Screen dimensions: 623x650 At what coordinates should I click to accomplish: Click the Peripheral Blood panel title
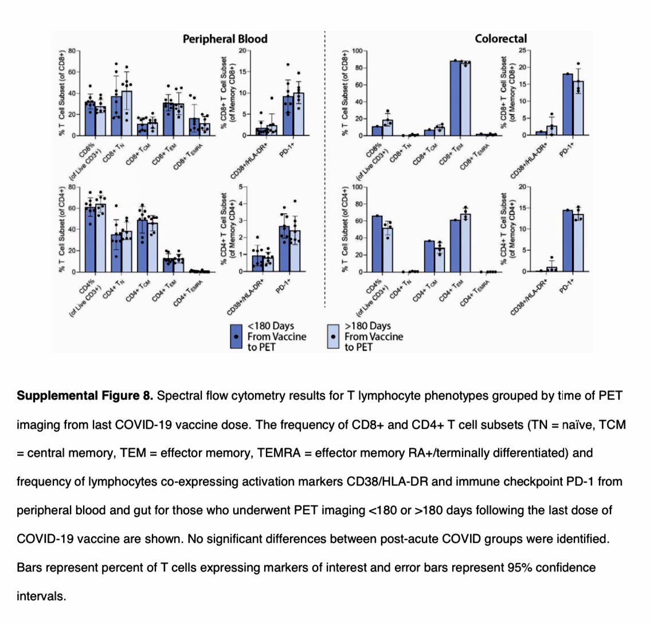click(x=225, y=39)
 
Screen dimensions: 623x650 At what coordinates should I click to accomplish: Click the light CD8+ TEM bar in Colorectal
click(x=465, y=99)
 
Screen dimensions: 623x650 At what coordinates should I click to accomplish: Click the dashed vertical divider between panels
click(x=325, y=172)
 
